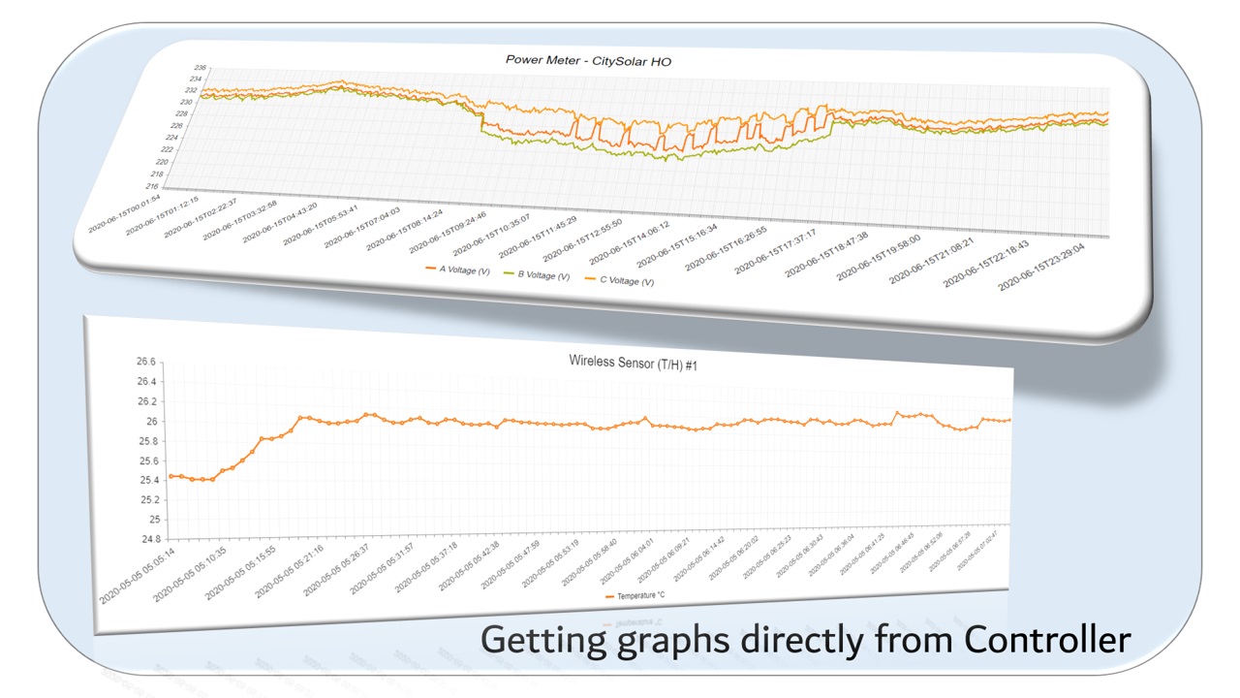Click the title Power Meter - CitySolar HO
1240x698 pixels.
pos(588,60)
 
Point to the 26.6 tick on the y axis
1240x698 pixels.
pos(145,362)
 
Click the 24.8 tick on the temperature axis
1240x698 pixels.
pos(145,539)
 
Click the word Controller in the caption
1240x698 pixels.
pos(1047,640)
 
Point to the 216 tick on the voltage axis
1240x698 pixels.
pos(178,186)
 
